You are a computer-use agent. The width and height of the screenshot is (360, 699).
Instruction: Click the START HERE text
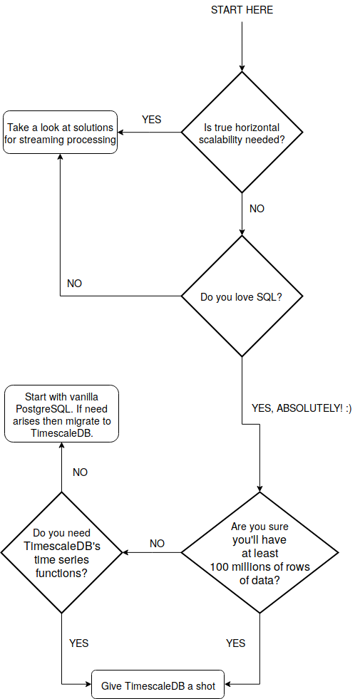click(x=242, y=10)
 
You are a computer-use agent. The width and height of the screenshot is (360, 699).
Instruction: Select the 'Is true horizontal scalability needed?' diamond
click(x=242, y=133)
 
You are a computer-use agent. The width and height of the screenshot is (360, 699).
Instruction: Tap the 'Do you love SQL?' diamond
click(x=242, y=296)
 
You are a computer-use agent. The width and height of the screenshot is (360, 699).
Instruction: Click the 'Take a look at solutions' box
click(x=61, y=133)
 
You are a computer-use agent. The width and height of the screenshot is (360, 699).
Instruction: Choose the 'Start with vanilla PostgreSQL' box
click(x=61, y=414)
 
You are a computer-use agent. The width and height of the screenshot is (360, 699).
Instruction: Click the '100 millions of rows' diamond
click(x=259, y=553)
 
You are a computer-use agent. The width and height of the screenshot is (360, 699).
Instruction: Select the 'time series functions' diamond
click(x=62, y=553)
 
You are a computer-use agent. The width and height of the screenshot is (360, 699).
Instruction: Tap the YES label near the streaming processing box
click(x=152, y=120)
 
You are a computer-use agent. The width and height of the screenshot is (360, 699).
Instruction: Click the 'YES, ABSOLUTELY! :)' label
click(x=302, y=408)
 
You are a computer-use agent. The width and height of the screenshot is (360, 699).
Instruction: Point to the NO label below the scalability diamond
click(x=257, y=209)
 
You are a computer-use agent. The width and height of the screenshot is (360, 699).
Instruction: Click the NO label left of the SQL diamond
click(x=74, y=283)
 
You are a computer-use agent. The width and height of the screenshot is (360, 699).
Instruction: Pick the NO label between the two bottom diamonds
click(x=157, y=543)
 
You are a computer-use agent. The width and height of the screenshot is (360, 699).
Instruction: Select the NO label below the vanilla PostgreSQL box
click(x=80, y=472)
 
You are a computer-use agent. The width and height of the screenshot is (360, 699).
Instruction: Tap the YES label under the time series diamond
click(x=78, y=643)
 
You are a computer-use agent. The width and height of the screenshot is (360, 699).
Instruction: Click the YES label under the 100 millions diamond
click(x=235, y=643)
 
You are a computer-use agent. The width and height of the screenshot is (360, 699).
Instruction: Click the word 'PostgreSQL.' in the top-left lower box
click(x=42, y=409)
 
